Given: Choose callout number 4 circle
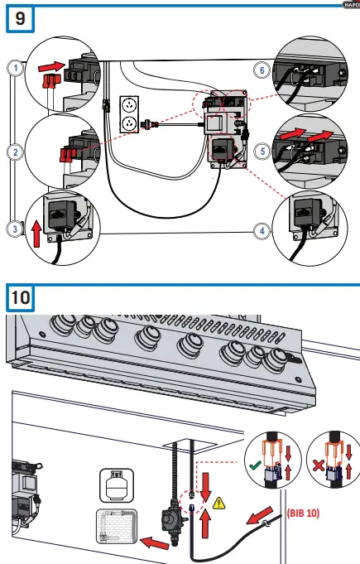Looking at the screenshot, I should coord(262,231).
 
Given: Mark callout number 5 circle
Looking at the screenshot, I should coord(262,152).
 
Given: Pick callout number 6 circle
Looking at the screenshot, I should coord(262,71).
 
